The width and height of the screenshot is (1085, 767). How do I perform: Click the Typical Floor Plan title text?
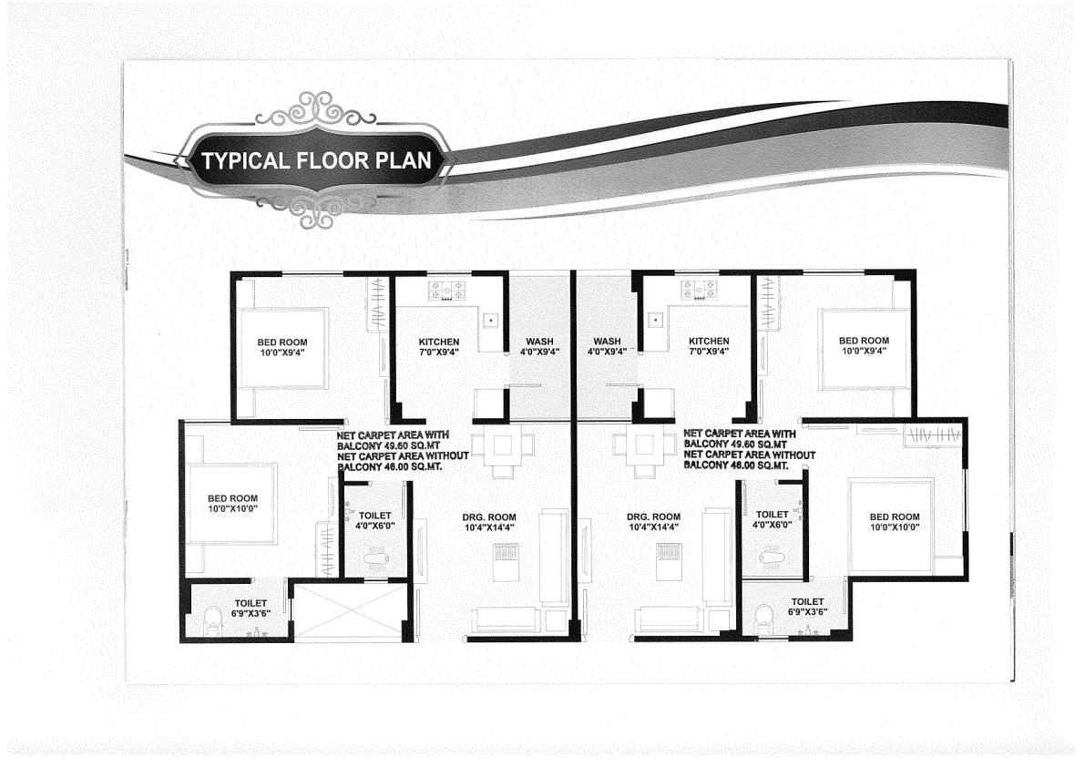tap(316, 160)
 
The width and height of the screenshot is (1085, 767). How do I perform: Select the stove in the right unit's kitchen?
tap(701, 289)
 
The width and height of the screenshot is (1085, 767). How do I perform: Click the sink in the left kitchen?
tap(491, 321)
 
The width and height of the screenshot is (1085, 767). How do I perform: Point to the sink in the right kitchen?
tap(655, 321)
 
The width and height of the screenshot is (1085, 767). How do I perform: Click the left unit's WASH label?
tap(539, 346)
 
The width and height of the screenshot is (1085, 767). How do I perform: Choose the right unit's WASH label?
tap(607, 346)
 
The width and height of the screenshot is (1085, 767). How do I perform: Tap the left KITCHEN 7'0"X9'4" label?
tap(439, 346)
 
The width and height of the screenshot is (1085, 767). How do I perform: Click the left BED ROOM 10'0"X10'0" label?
tap(232, 504)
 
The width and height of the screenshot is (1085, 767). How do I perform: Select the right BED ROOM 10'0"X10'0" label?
tap(895, 521)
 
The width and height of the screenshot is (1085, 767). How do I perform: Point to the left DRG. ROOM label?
tap(489, 522)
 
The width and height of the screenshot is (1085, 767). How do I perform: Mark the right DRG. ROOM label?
tap(654, 521)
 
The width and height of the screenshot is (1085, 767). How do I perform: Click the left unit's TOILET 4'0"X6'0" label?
tap(375, 520)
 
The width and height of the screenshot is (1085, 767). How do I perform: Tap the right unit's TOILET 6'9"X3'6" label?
tap(807, 607)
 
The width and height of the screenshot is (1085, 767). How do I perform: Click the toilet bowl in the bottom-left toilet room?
tap(212, 619)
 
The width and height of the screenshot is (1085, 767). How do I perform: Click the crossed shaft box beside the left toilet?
tap(348, 612)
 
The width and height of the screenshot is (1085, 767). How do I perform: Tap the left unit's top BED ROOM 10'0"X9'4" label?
tap(282, 347)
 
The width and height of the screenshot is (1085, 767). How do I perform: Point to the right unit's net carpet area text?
tap(750, 450)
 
